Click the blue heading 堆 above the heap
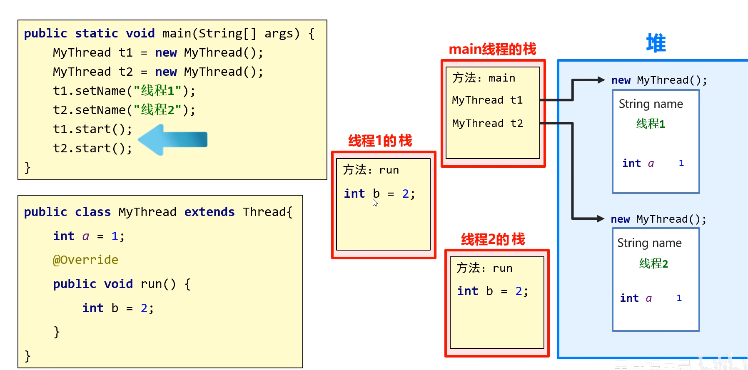[x=656, y=43]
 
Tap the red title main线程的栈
[x=492, y=49]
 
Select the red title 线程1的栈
[x=380, y=141]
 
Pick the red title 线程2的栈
[x=493, y=239]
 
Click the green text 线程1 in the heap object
[x=651, y=124]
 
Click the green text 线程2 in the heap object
[x=653, y=263]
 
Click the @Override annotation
[x=85, y=260]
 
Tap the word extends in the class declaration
[x=209, y=212]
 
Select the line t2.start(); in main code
[x=92, y=148]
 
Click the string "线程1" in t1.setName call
[x=157, y=91]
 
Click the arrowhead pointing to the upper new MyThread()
[x=601, y=80]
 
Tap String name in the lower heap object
[x=649, y=243]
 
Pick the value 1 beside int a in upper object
[x=681, y=163]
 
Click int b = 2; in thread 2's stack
[x=492, y=291]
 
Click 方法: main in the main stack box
[x=484, y=78]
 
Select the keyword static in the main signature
[x=96, y=33]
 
